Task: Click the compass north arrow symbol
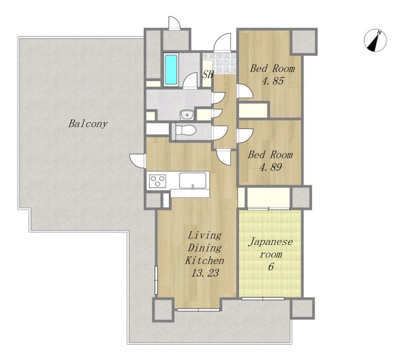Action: pyautogui.click(x=375, y=40)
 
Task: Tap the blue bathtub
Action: pyautogui.click(x=171, y=69)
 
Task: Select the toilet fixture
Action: pyautogui.click(x=186, y=130)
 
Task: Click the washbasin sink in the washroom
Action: pyautogui.click(x=186, y=115)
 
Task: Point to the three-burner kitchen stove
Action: pyautogui.click(x=158, y=181)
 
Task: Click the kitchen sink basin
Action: pyautogui.click(x=192, y=180)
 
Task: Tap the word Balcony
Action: pyautogui.click(x=88, y=124)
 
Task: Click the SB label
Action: pyautogui.click(x=208, y=75)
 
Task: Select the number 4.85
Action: pyautogui.click(x=272, y=81)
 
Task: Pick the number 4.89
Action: pyautogui.click(x=271, y=167)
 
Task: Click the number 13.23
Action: pyautogui.click(x=205, y=273)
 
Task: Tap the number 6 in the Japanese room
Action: pyautogui.click(x=271, y=267)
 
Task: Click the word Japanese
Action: pyautogui.click(x=270, y=242)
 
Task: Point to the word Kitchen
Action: pyautogui.click(x=204, y=260)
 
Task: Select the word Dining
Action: pyautogui.click(x=204, y=248)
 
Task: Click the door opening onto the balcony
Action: pyautogui.click(x=138, y=161)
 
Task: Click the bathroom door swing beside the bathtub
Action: pyautogui.click(x=190, y=81)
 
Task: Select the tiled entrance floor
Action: pyautogui.click(x=219, y=63)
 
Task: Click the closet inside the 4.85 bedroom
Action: pyautogui.click(x=254, y=110)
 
